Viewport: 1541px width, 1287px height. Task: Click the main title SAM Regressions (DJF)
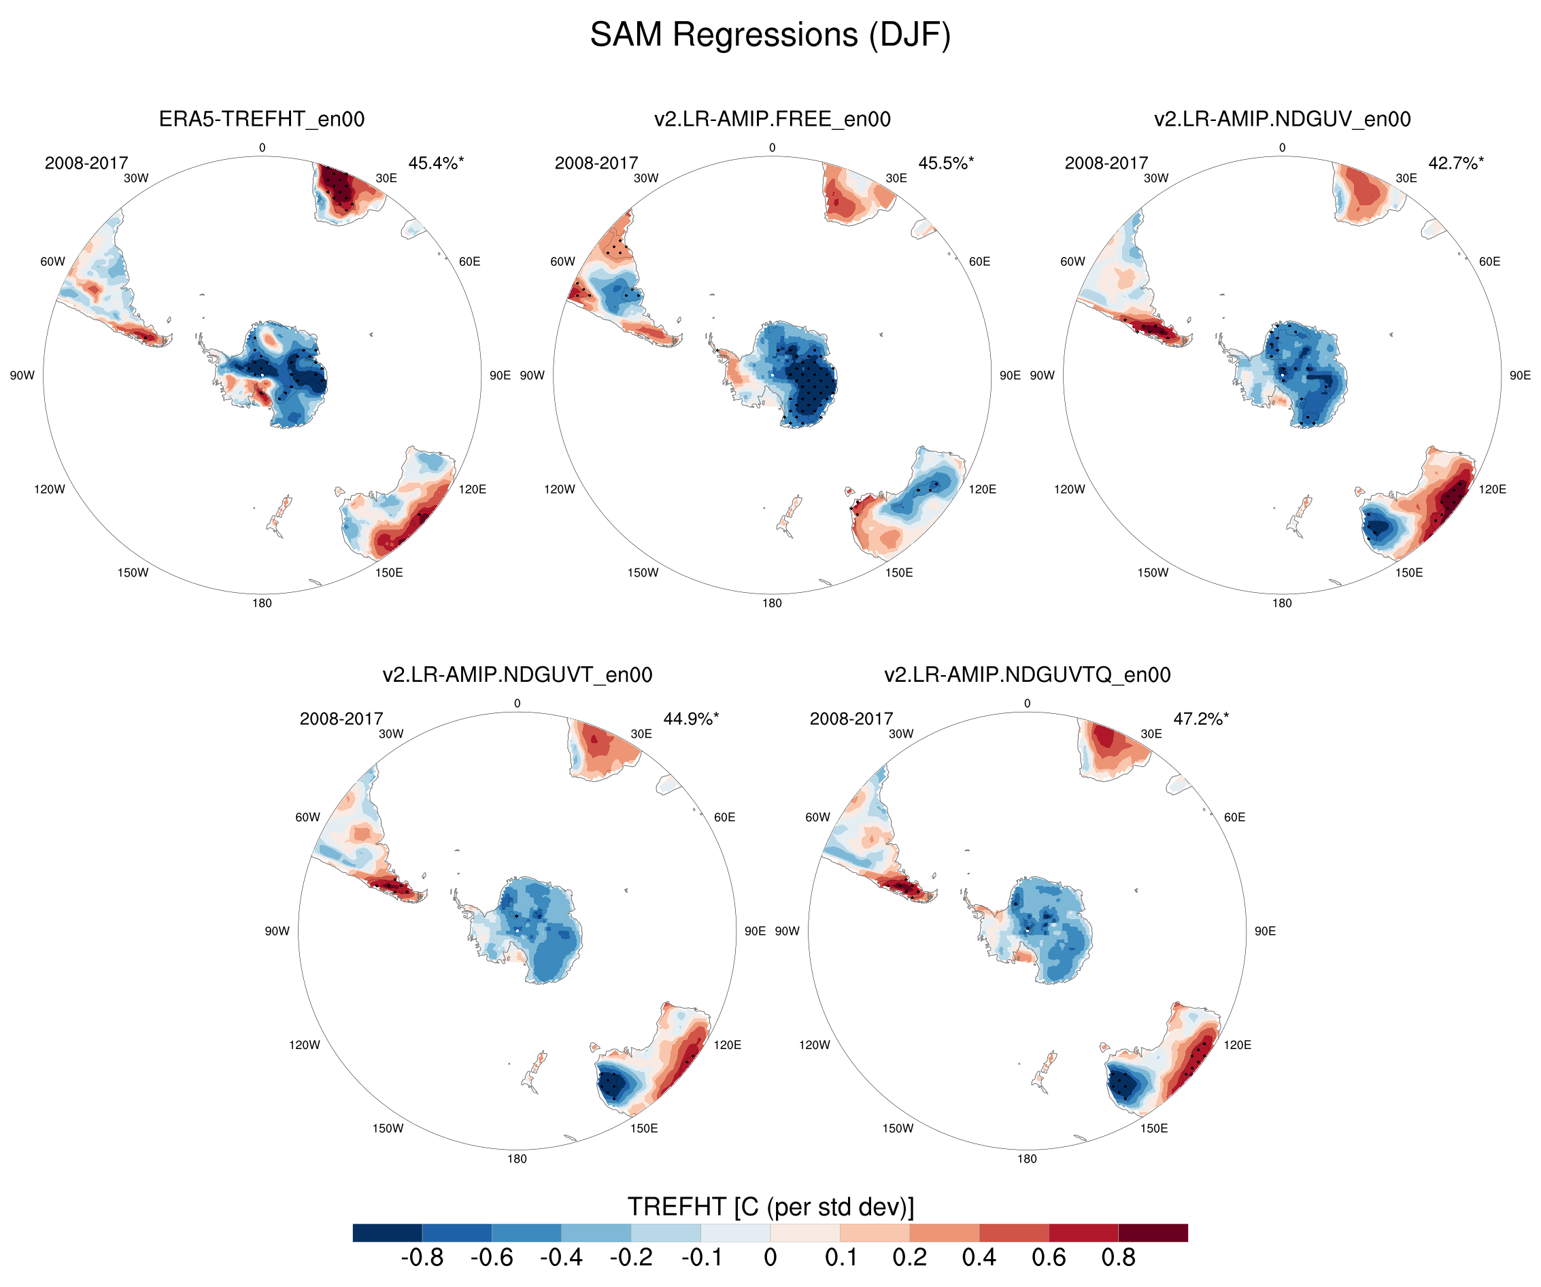click(770, 35)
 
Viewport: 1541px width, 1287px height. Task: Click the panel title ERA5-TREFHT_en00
click(261, 119)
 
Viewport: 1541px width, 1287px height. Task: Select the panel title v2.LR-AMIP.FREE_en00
click(772, 119)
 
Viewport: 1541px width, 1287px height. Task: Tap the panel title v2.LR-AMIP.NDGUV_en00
click(1282, 119)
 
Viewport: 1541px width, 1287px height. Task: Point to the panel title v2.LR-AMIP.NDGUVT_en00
click(517, 674)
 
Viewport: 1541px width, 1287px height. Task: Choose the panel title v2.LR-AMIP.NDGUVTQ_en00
click(1027, 674)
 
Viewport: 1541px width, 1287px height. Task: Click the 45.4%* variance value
click(436, 163)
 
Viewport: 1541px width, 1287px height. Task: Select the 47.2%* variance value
click(1200, 719)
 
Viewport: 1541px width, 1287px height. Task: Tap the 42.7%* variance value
click(1456, 163)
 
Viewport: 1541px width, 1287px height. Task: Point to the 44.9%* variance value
click(690, 719)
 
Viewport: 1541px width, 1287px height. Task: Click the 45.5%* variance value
click(946, 163)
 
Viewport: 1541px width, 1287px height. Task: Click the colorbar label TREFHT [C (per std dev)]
click(770, 1206)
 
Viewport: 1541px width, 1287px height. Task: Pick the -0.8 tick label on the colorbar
click(422, 1258)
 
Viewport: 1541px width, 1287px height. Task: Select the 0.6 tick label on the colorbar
click(1049, 1258)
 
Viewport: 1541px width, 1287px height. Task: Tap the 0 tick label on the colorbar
click(770, 1258)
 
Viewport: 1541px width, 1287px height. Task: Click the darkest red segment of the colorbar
click(1153, 1233)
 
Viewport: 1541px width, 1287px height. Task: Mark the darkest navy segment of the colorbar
click(388, 1233)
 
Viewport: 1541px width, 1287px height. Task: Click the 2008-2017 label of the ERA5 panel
click(86, 163)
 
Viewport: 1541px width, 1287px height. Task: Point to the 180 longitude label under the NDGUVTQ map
click(1027, 1159)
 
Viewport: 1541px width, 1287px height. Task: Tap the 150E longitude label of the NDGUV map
click(1408, 572)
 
